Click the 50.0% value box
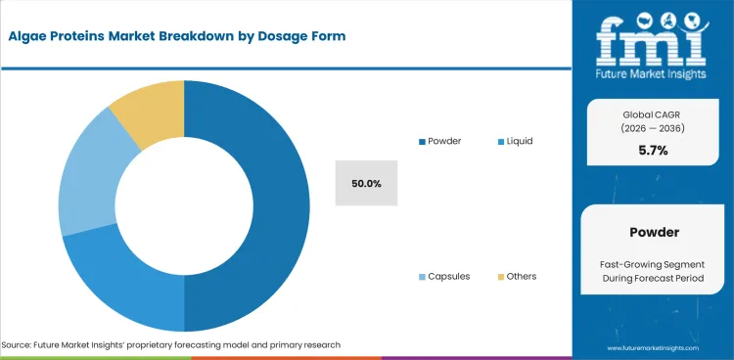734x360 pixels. (366, 183)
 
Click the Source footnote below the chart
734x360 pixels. (171, 345)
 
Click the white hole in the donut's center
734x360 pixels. (184, 205)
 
